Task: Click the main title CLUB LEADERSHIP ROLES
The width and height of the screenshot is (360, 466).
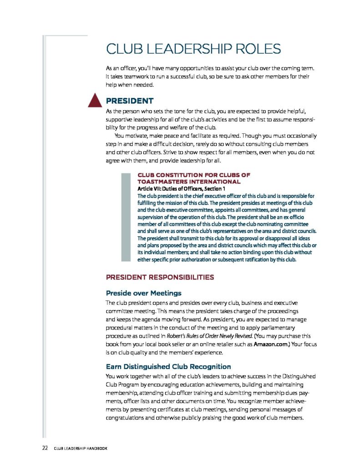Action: [x=193, y=49]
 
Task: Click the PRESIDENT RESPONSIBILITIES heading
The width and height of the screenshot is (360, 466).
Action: [x=160, y=277]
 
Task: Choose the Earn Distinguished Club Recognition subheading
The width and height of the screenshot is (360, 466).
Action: [x=168, y=366]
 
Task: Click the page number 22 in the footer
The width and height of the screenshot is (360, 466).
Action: [x=45, y=448]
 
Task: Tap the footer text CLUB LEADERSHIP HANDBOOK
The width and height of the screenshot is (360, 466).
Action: [x=80, y=449]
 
